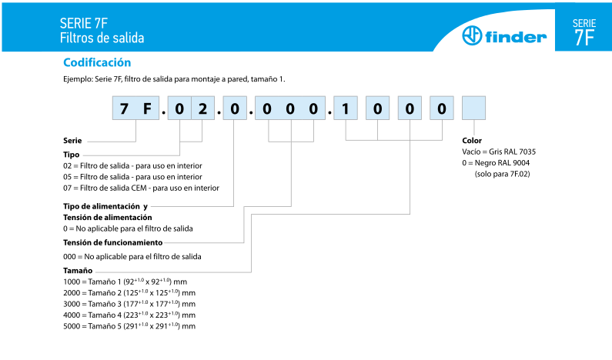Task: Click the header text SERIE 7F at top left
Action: click(x=83, y=23)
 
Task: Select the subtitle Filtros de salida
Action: click(x=102, y=38)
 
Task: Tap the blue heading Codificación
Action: click(x=97, y=63)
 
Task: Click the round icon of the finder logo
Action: click(x=470, y=36)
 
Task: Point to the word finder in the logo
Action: click(x=515, y=37)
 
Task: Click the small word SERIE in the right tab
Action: click(x=584, y=23)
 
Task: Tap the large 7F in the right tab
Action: click(x=584, y=38)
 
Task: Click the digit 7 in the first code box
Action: click(x=124, y=109)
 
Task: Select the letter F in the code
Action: click(x=147, y=109)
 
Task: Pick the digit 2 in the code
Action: click(x=202, y=109)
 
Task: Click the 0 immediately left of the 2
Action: click(x=179, y=109)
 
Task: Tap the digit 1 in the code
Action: click(x=346, y=109)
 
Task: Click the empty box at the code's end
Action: click(x=474, y=109)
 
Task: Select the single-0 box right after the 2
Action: click(x=234, y=109)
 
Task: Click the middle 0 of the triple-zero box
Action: click(x=290, y=109)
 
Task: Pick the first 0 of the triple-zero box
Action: click(x=267, y=109)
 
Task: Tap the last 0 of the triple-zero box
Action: click(x=313, y=109)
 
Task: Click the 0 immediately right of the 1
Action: click(x=377, y=109)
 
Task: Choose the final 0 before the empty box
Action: click(x=442, y=109)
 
